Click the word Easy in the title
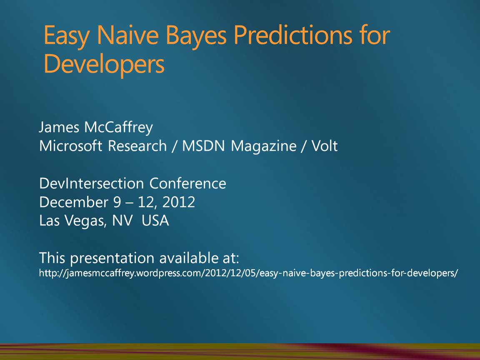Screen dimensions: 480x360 click(66, 36)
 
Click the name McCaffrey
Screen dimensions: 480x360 click(118, 127)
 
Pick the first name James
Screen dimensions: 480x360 click(59, 127)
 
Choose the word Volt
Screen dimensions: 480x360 click(325, 146)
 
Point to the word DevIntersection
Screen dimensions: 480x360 click(92, 184)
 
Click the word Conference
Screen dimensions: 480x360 click(187, 184)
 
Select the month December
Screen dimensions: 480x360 click(74, 202)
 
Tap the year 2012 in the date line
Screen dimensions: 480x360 click(179, 202)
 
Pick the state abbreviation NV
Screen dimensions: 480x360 click(122, 221)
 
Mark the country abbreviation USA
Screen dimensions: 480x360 click(155, 221)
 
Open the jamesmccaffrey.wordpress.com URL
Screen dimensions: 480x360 click(249, 273)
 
